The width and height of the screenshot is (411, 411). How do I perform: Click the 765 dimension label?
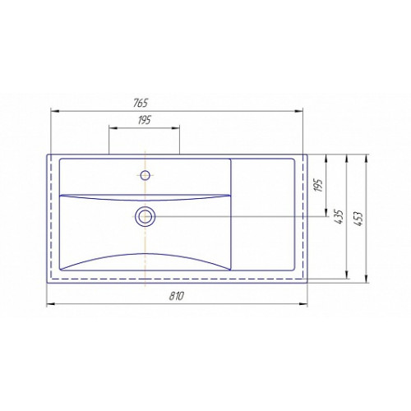click(141, 103)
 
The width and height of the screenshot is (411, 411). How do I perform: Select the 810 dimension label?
click(176, 296)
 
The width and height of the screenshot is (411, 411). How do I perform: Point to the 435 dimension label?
click(339, 217)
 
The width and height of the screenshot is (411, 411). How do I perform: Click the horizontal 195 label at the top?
click(144, 120)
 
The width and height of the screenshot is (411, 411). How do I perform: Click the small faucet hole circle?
click(145, 175)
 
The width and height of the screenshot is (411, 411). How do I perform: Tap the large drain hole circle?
click(145, 216)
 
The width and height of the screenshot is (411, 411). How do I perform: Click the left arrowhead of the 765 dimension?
click(55, 111)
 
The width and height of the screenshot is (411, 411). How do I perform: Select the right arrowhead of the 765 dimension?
click(298, 111)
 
